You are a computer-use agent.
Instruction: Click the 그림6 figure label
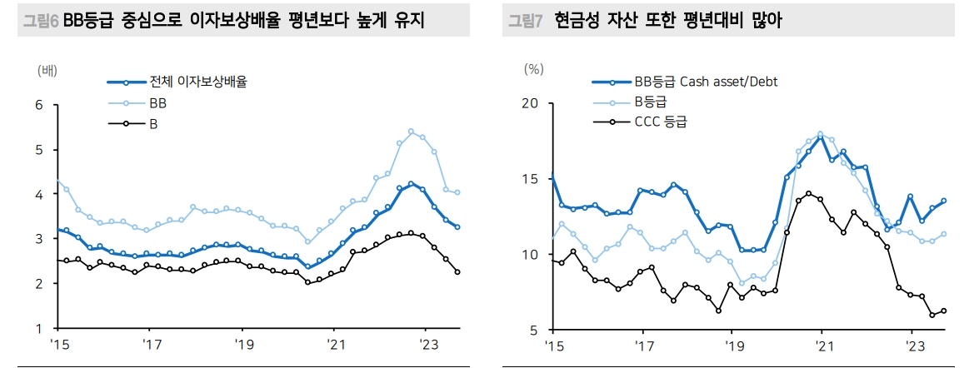pos(40,22)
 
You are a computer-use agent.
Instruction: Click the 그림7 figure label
pos(526,22)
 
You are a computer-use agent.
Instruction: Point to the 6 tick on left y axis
pos(38,105)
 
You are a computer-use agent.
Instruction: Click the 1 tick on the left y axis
pos(38,329)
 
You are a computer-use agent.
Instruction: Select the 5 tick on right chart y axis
pos(533,331)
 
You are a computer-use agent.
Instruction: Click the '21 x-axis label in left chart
pos(334,344)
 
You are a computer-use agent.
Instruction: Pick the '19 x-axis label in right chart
pos(732,345)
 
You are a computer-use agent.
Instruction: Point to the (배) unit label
pos(48,70)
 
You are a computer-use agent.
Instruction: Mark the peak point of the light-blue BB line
pos(411,132)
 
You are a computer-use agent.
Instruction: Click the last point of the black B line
pos(457,272)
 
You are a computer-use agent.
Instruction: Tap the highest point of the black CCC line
pos(808,193)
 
